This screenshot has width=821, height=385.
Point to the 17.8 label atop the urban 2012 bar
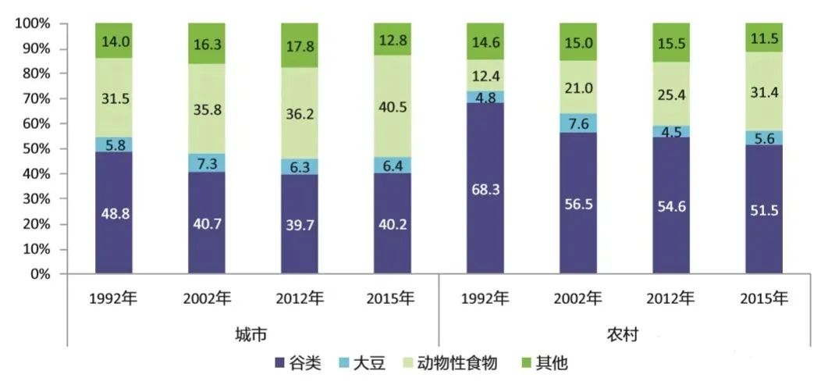(x=300, y=45)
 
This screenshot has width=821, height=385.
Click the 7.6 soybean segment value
(x=578, y=123)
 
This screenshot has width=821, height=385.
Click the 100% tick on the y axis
(x=33, y=24)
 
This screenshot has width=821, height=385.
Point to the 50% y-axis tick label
(x=36, y=149)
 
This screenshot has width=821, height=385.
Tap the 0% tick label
(x=39, y=275)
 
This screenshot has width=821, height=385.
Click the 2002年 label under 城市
(x=207, y=298)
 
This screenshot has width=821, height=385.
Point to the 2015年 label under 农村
(x=763, y=298)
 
